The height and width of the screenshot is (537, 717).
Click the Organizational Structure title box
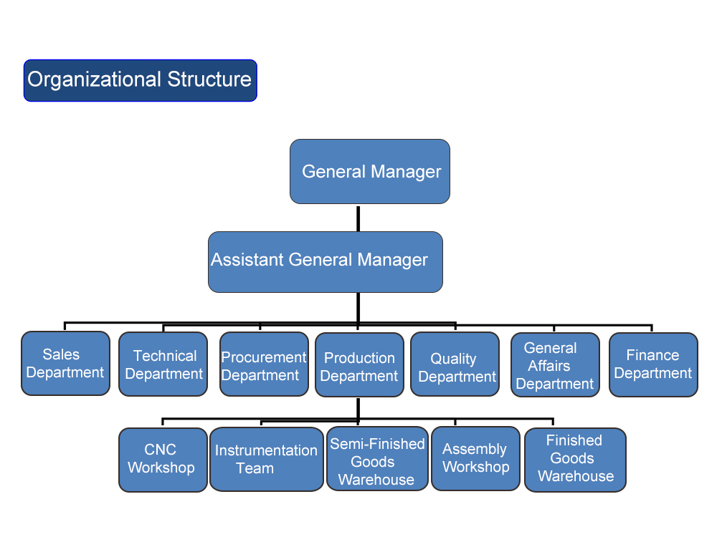click(x=140, y=80)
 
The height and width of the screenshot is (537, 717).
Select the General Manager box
click(x=369, y=171)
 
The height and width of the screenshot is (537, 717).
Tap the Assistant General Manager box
click(x=325, y=261)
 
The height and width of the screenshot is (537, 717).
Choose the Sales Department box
click(x=65, y=363)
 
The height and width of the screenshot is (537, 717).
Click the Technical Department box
click(x=163, y=364)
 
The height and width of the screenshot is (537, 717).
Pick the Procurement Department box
click(x=264, y=364)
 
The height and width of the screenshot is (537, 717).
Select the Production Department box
click(x=359, y=365)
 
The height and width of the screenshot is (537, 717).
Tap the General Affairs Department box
click(x=554, y=365)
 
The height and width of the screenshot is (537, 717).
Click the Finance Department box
click(x=652, y=364)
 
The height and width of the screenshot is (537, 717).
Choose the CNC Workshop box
click(x=162, y=460)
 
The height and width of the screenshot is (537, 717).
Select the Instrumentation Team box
click(x=266, y=459)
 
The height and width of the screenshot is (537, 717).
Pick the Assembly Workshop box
click(x=475, y=458)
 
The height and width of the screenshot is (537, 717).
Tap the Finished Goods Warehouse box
click(x=575, y=460)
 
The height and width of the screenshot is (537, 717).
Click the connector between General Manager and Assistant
click(x=358, y=218)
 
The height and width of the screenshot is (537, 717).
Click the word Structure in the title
click(x=209, y=79)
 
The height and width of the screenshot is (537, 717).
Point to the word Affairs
click(x=549, y=366)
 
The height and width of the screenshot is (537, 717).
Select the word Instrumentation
click(x=266, y=450)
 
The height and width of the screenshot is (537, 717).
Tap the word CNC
click(x=160, y=450)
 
